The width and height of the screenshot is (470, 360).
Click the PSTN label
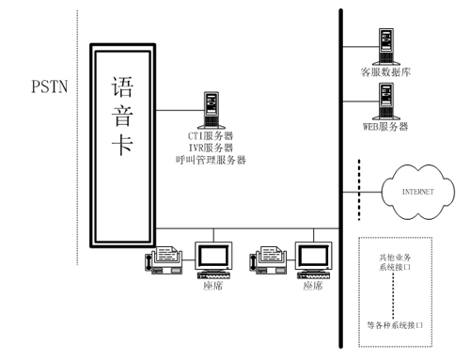[x=50, y=86]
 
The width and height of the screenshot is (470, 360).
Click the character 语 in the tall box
[x=122, y=86]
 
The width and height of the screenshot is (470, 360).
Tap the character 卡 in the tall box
[x=122, y=145]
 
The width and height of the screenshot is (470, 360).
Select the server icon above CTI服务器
[x=211, y=110]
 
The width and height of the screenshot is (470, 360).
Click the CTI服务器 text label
[x=211, y=136]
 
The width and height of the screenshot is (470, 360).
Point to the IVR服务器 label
[x=211, y=148]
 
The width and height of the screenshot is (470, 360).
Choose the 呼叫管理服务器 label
[x=211, y=160]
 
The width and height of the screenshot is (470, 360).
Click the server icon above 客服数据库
[x=386, y=47]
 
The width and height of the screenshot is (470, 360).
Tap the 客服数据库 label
[x=385, y=72]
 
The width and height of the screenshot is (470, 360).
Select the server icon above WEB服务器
[x=386, y=102]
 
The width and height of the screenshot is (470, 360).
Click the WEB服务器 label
[x=385, y=127]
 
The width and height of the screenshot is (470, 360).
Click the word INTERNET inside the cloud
[x=418, y=192]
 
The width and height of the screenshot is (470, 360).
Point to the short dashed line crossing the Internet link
[x=359, y=190]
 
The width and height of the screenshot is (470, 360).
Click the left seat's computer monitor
[x=213, y=256]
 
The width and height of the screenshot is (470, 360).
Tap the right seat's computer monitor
[x=313, y=256]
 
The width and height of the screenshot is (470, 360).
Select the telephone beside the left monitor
[x=164, y=260]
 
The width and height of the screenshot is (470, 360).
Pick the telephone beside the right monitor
[x=268, y=260]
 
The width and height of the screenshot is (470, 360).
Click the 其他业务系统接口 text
[x=395, y=262]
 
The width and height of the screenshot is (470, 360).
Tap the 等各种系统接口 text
[x=395, y=325]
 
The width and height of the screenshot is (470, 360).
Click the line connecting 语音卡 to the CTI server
[x=180, y=110]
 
